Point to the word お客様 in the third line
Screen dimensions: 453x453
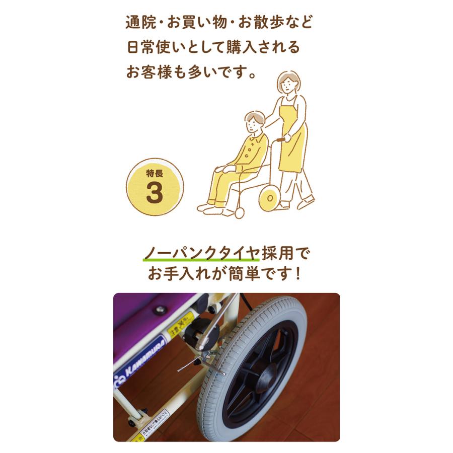tap(150, 71)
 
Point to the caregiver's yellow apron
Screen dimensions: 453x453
tap(293, 136)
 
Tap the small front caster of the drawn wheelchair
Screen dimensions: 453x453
tap(239, 213)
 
